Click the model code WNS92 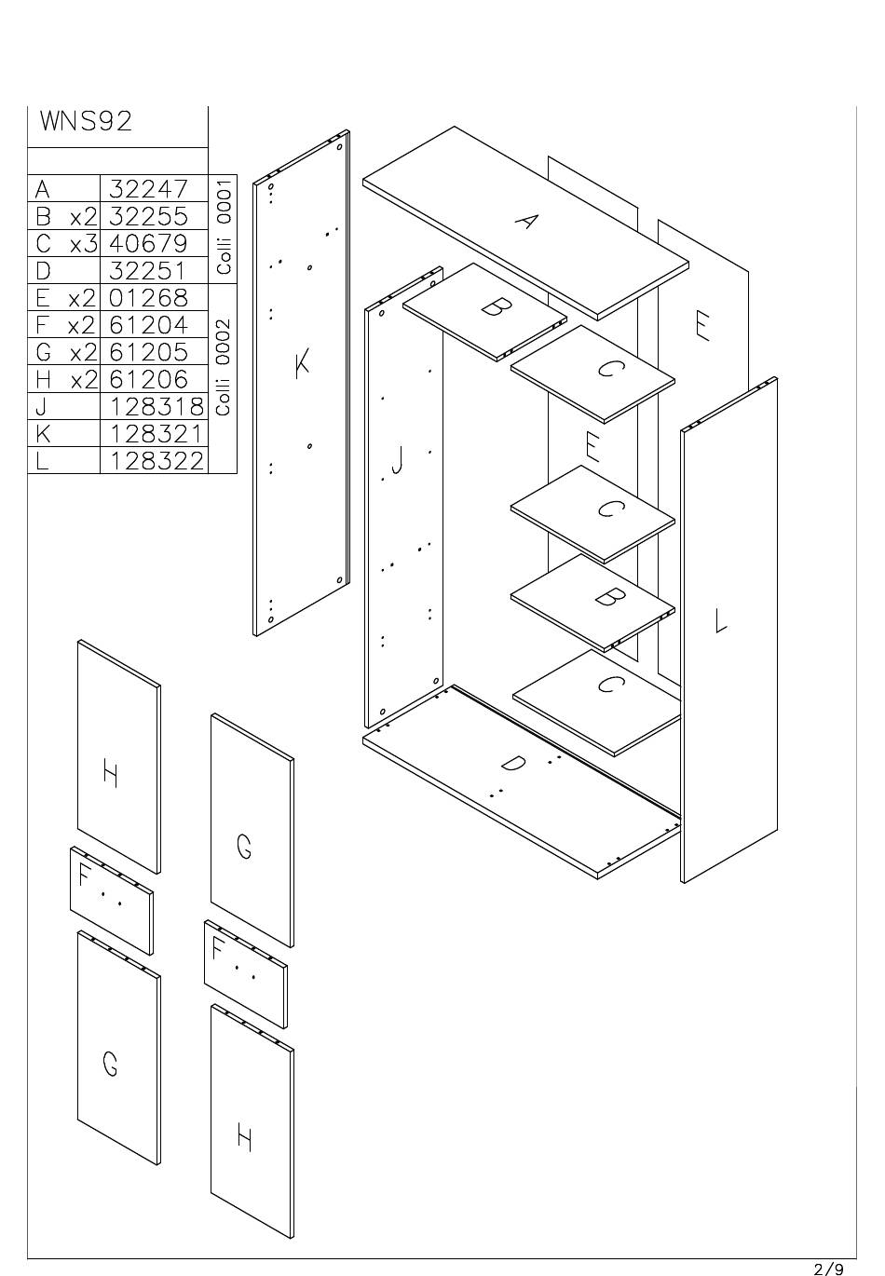pos(86,122)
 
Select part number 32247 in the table pos(149,189)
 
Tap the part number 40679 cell pos(149,243)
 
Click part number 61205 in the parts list pos(149,352)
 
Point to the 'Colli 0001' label pos(224,225)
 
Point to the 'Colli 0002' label pos(224,367)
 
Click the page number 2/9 pos(828,1268)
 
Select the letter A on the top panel pos(527,222)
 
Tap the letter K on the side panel pos(302,363)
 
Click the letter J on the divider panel pos(399,459)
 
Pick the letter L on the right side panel pos(720,620)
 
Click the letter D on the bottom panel pos(512,764)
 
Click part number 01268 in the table pos(149,298)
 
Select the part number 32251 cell pos(149,271)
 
